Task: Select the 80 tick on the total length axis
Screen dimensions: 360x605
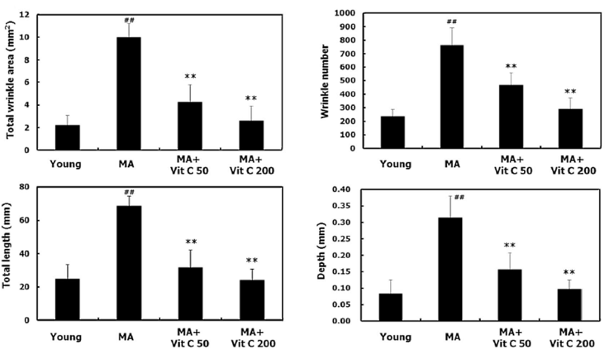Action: (26, 187)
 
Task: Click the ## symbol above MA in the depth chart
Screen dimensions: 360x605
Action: (459, 197)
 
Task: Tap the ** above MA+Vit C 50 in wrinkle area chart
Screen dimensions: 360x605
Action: (190, 77)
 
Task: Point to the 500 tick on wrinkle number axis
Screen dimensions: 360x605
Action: (347, 81)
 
